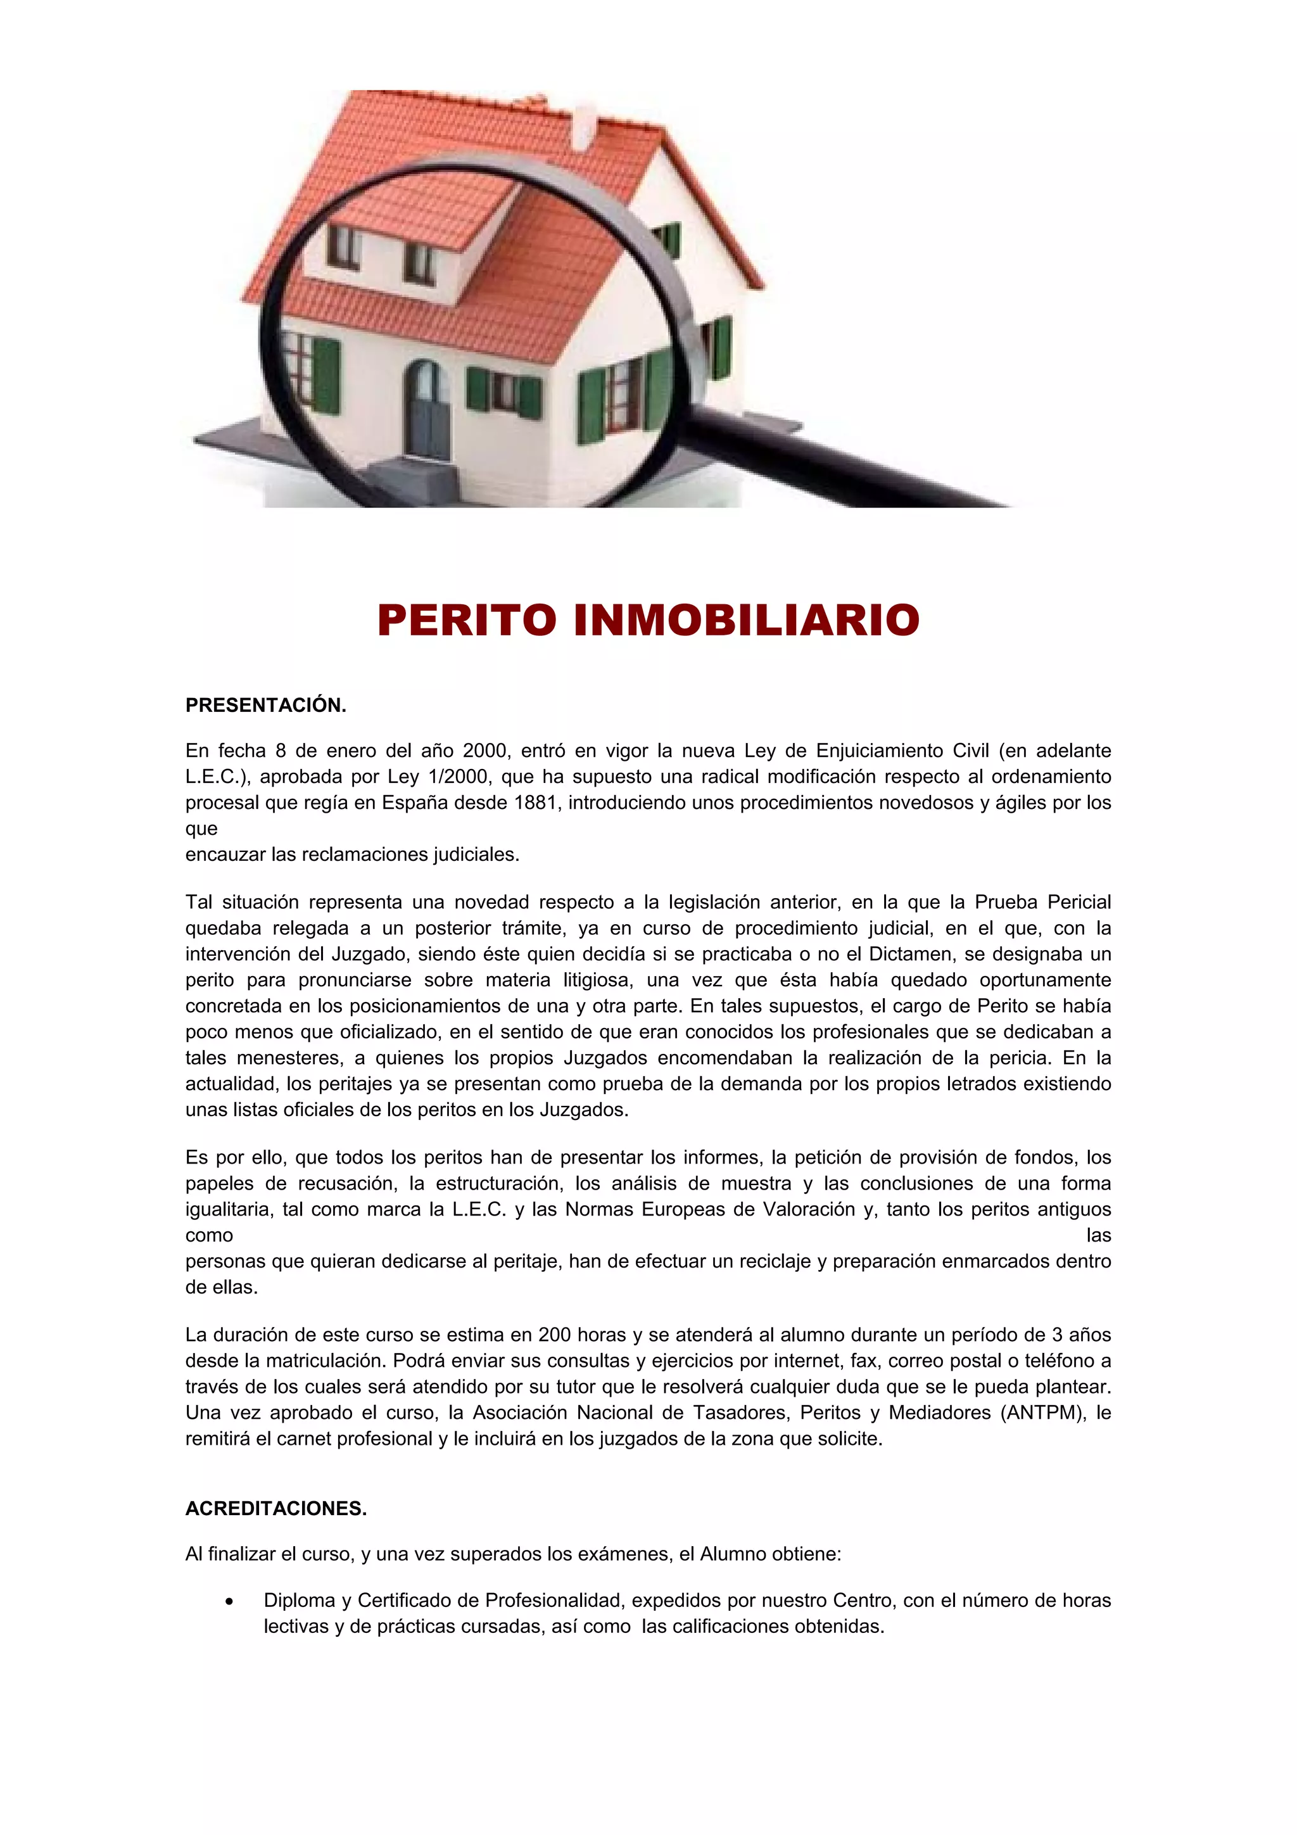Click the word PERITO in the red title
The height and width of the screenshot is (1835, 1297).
click(467, 620)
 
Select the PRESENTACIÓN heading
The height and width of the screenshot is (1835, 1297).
click(265, 705)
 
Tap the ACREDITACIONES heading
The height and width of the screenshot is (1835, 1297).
click(275, 1508)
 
